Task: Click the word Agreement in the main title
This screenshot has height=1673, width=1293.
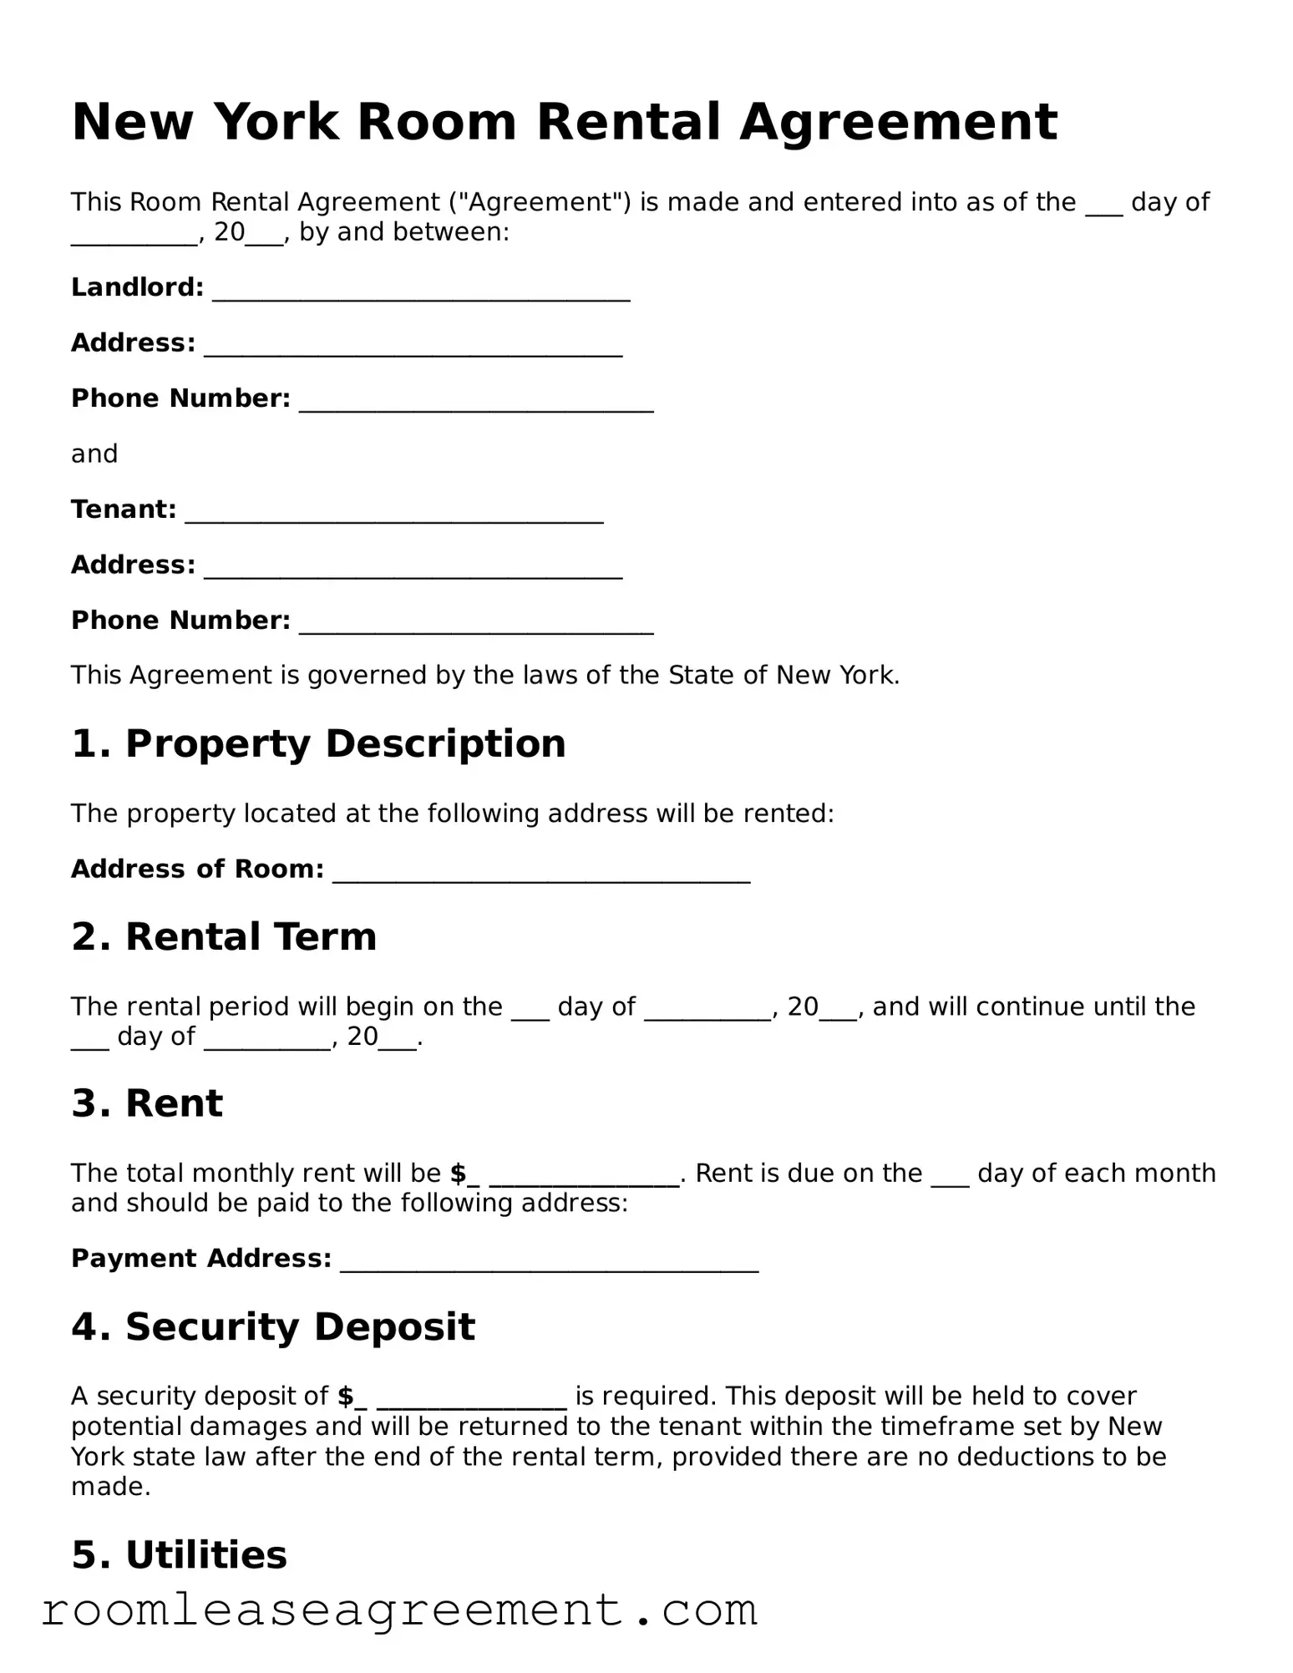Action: (x=898, y=123)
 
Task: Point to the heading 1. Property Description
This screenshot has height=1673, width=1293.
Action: (x=318, y=743)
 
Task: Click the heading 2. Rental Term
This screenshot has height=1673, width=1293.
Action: (x=224, y=936)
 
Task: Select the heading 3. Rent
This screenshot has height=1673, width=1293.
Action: (x=147, y=1103)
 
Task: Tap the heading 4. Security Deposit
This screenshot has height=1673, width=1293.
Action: (x=273, y=1326)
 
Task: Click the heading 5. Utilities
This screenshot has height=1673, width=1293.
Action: (x=179, y=1554)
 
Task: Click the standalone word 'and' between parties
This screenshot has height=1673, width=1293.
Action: (x=94, y=454)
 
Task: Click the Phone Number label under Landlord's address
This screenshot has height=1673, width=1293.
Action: (x=180, y=398)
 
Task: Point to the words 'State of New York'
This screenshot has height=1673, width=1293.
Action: (x=783, y=675)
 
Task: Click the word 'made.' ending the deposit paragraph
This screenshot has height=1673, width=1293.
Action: (x=110, y=1487)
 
